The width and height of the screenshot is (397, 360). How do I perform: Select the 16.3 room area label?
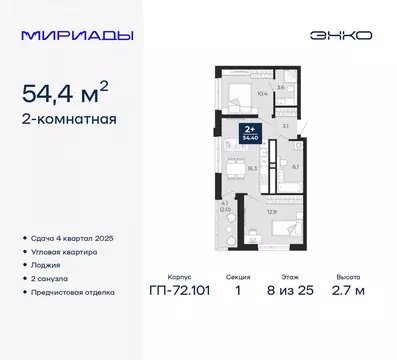click(251, 169)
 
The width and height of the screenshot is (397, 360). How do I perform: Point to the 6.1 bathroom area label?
click(295, 167)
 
